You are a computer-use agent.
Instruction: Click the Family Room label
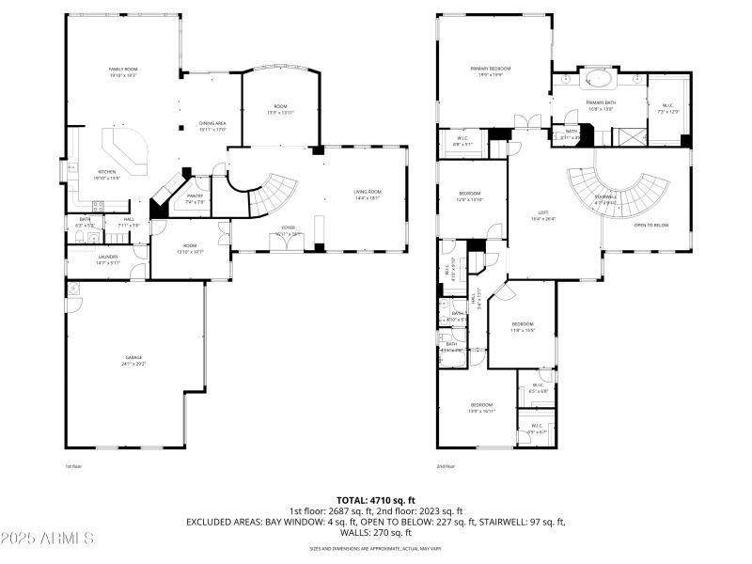click(123, 70)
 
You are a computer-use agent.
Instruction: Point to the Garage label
click(134, 359)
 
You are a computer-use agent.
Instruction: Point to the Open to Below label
click(651, 226)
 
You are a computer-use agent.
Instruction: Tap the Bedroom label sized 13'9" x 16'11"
click(481, 406)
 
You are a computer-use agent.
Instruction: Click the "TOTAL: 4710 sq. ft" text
click(375, 500)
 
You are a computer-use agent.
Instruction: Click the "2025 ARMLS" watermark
click(47, 539)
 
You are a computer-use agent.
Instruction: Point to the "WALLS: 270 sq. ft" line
click(375, 532)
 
